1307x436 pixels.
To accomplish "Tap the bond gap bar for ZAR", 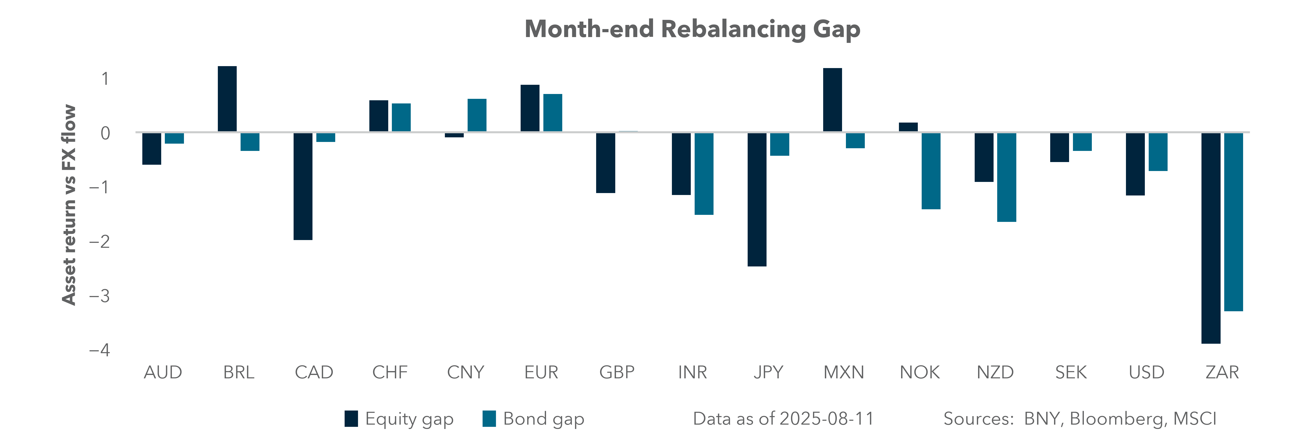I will [x=1233, y=222].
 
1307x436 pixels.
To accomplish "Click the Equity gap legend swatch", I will [x=351, y=419].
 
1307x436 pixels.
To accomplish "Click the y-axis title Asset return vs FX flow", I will [x=69, y=204].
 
